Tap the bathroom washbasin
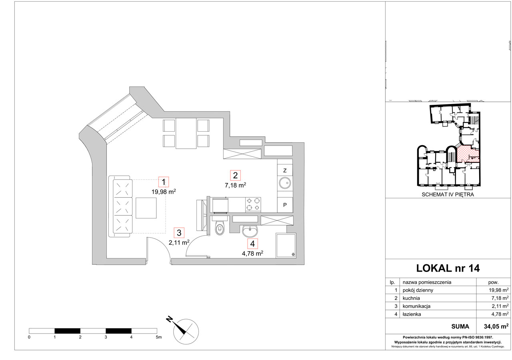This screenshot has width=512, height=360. (250, 231)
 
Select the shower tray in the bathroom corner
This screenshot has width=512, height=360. (286, 246)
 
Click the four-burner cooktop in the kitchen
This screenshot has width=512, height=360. (253, 204)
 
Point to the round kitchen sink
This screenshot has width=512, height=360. (285, 183)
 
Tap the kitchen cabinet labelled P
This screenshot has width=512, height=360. (285, 205)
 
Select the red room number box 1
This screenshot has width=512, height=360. (164, 182)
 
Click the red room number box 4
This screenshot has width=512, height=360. (252, 244)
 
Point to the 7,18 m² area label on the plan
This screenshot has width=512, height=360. (236, 185)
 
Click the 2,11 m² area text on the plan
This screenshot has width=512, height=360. (179, 242)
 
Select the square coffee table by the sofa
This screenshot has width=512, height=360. (146, 208)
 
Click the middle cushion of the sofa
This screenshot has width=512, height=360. (123, 206)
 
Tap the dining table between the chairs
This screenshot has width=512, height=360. (186, 134)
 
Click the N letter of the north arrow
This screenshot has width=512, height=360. (169, 319)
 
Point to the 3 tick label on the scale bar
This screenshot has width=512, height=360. (106, 337)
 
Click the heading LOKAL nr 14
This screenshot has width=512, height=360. (448, 268)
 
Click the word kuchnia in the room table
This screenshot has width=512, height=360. (411, 298)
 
